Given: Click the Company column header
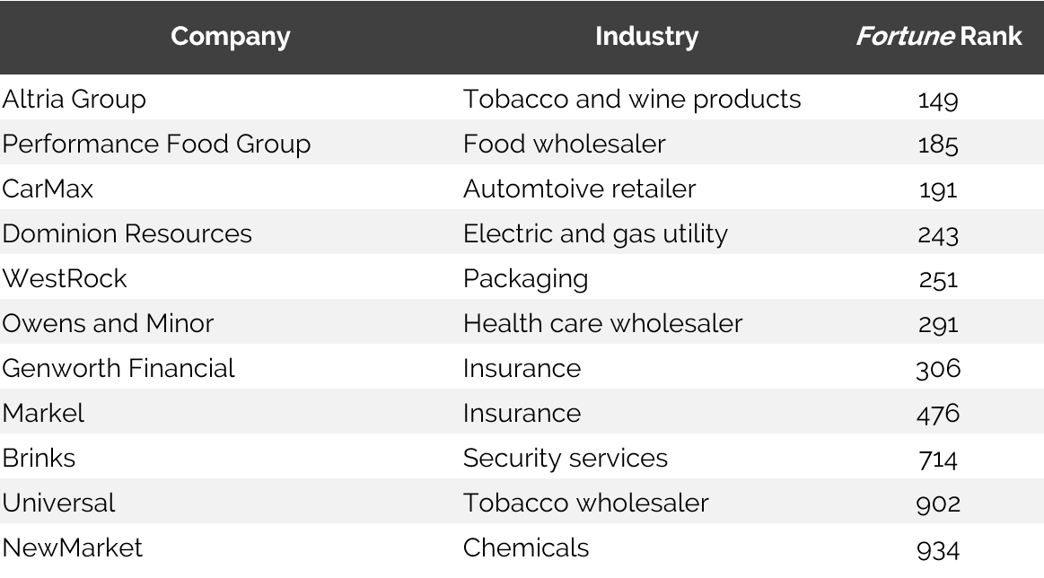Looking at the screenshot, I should (x=231, y=37).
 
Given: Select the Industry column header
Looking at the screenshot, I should (x=646, y=37).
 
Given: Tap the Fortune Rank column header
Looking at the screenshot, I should (x=938, y=37).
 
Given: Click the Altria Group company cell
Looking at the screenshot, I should (x=74, y=99).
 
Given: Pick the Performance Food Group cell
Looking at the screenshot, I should (x=156, y=144).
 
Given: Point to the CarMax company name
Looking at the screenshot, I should (x=48, y=188).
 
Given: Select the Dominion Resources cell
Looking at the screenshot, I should (x=127, y=233).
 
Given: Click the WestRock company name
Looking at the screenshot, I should (x=65, y=278).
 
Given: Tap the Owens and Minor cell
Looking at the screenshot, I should (x=108, y=323).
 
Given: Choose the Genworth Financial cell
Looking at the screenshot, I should (x=118, y=368).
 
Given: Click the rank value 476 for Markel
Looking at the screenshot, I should (x=938, y=414).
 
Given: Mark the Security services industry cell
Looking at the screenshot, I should (x=566, y=458).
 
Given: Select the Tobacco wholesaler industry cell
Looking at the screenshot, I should (x=585, y=503).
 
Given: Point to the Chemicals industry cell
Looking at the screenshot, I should (x=526, y=547).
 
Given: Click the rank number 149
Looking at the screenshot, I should (x=938, y=100).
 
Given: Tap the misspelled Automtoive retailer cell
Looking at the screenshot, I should (x=579, y=188).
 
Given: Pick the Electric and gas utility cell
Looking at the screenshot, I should (x=595, y=233).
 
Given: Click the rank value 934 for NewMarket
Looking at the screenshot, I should (x=938, y=548).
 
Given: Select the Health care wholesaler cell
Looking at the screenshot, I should (x=602, y=323).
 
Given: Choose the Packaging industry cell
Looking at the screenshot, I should (x=525, y=278).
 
